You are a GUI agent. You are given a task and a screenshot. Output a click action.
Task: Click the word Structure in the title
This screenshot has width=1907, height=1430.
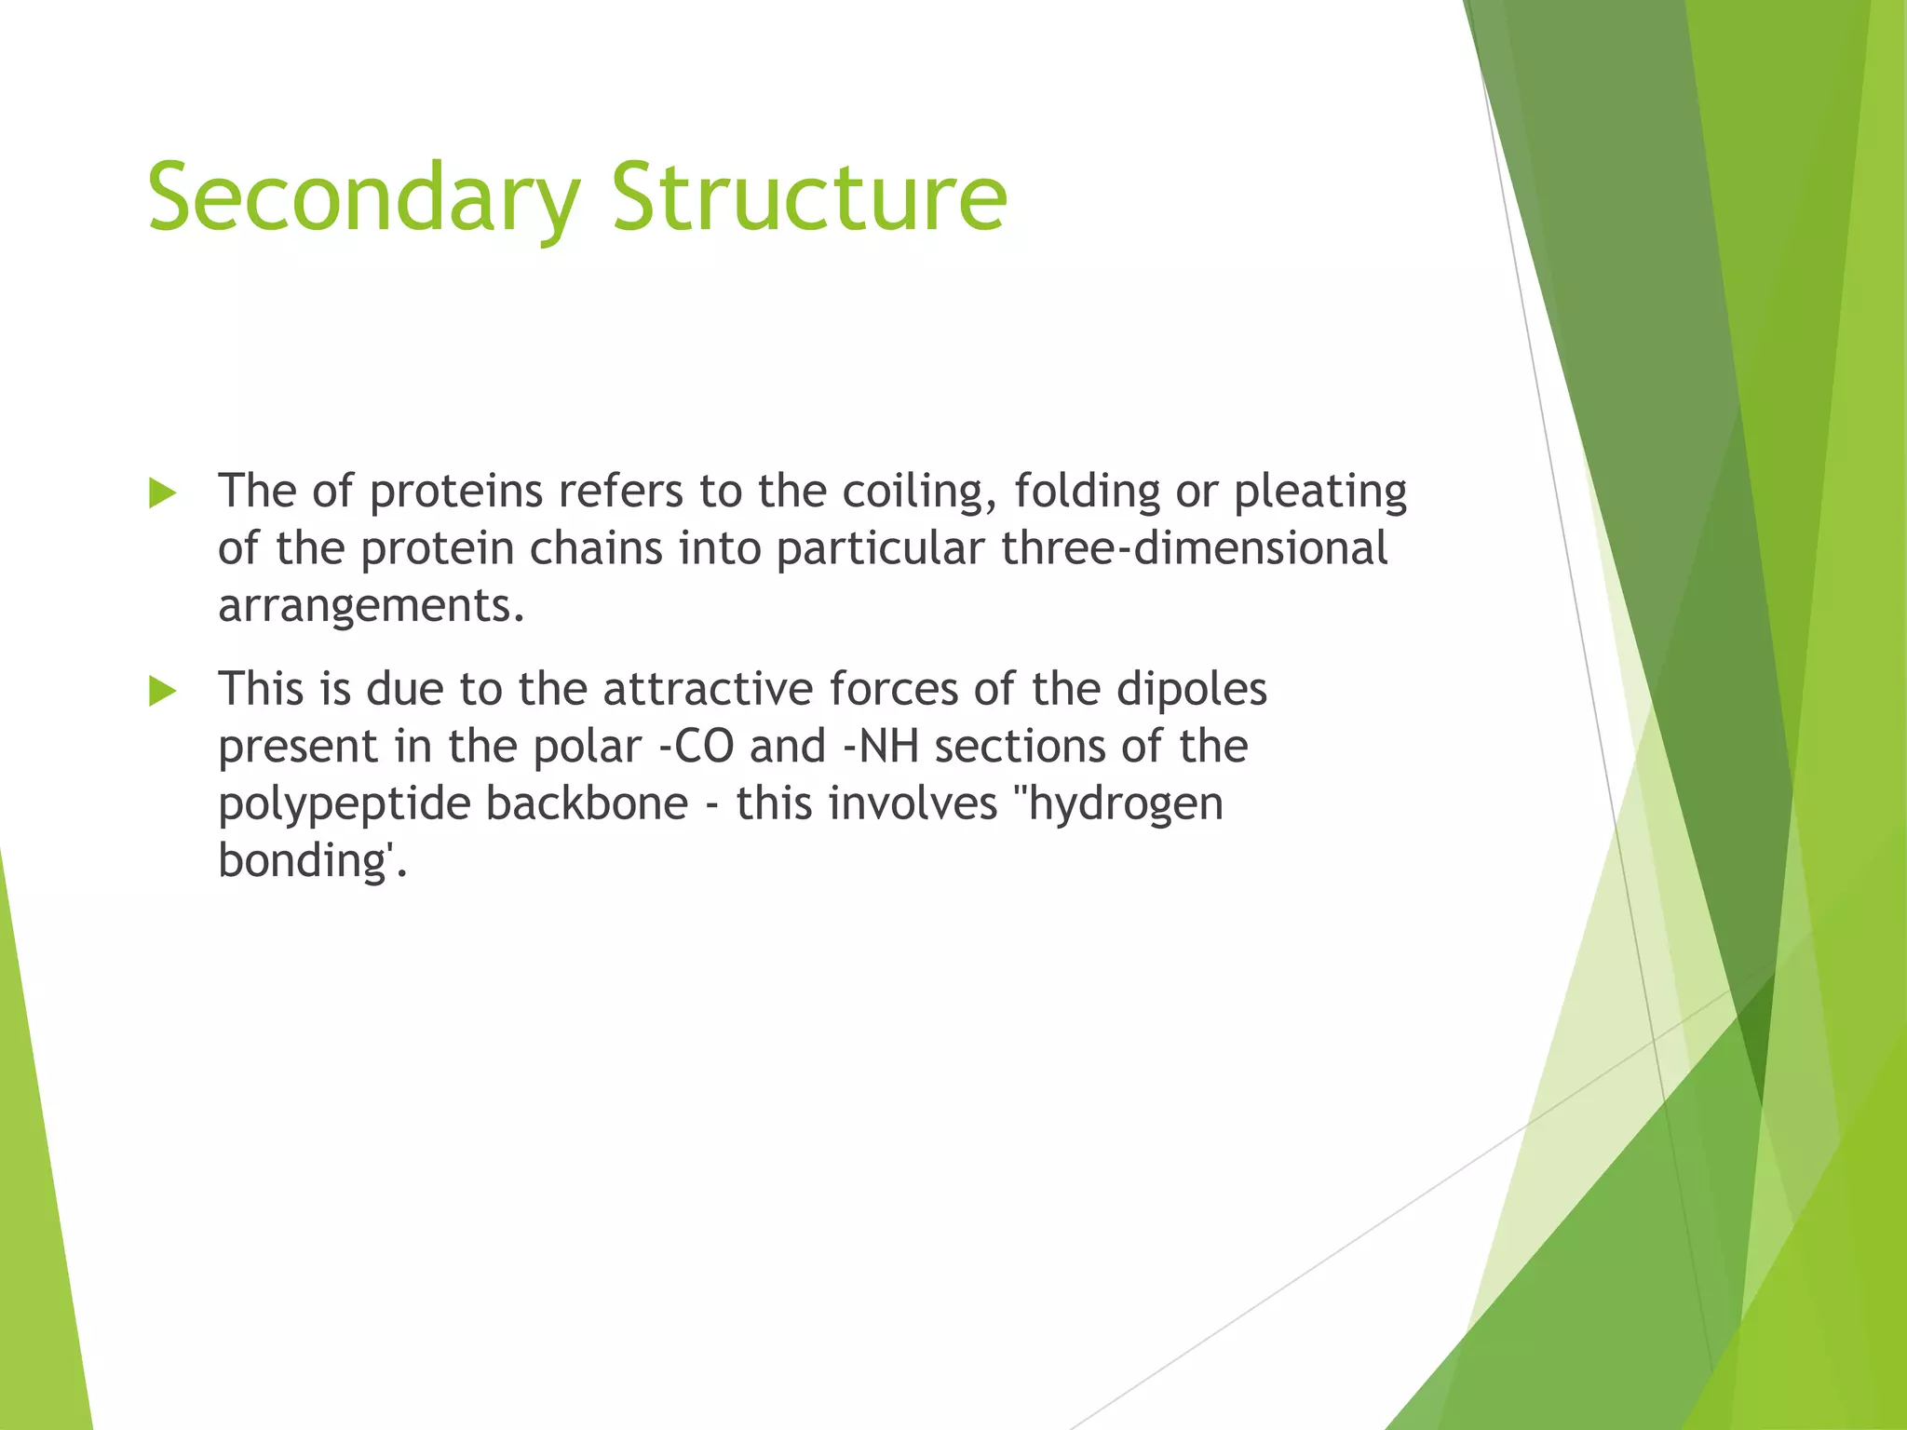808,197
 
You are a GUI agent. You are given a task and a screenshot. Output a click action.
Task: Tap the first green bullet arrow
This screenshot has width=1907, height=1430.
162,493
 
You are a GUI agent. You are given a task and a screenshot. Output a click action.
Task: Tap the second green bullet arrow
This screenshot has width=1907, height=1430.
162,692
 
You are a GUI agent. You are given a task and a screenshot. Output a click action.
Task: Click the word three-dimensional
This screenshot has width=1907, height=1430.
1195,547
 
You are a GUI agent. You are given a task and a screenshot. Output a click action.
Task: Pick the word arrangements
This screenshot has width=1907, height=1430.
371,607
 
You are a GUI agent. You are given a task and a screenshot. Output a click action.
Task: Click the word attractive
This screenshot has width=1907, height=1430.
708,690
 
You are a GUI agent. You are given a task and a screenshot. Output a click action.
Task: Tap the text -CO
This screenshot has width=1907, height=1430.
696,747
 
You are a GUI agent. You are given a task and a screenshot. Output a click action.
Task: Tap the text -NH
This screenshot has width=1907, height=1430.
881,747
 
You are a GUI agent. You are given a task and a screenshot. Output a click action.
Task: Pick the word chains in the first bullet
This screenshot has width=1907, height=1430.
596,547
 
